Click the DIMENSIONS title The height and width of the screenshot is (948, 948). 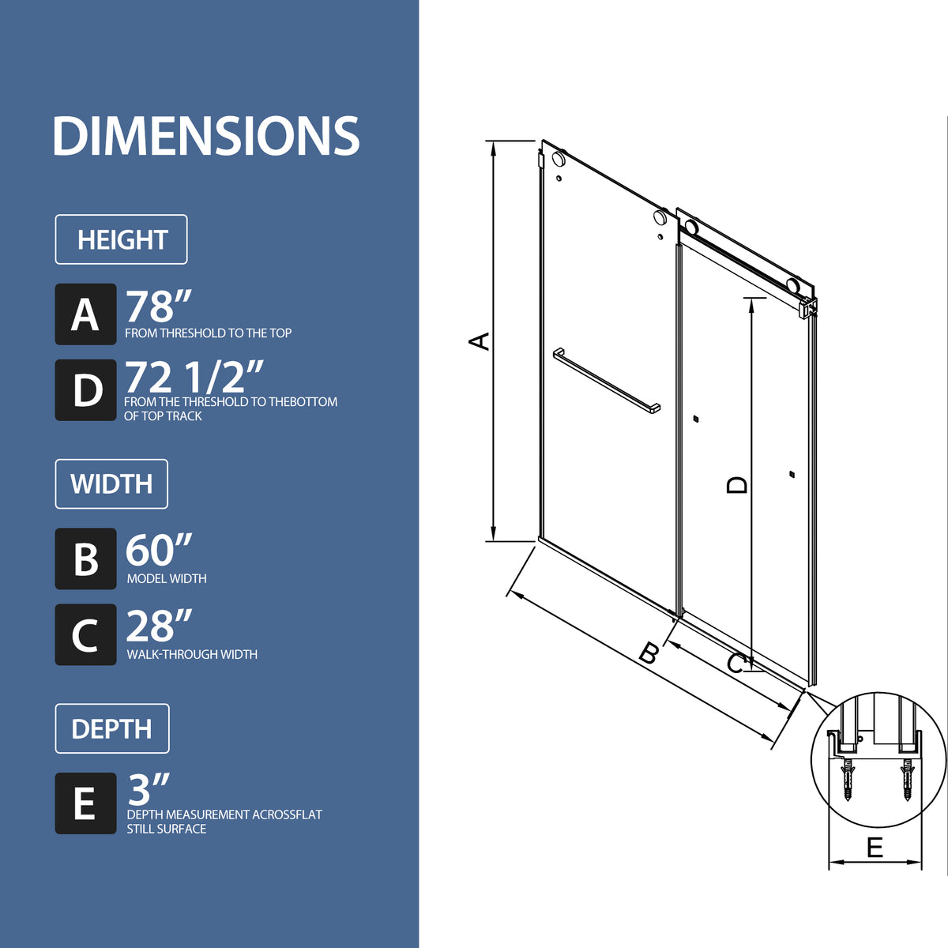[x=206, y=136]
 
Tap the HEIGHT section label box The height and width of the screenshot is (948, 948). [x=121, y=239]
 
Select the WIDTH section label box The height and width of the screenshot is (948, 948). [x=111, y=484]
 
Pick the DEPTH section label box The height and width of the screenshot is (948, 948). [x=112, y=728]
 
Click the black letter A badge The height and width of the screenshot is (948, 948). [x=85, y=314]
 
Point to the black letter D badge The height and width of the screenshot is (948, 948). [x=85, y=390]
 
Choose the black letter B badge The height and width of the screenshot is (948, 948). [x=85, y=559]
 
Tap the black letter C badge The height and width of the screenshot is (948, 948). [x=85, y=634]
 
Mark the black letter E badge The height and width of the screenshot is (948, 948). [x=85, y=803]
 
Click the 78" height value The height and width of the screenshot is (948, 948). [x=159, y=306]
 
